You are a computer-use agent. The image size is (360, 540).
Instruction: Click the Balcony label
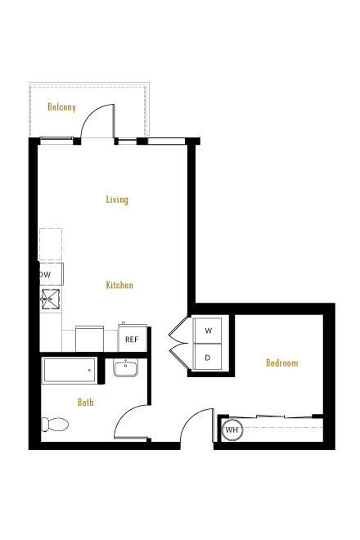click(61, 107)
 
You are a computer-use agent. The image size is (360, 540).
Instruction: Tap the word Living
click(117, 200)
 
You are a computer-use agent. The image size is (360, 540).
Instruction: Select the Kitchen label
click(119, 286)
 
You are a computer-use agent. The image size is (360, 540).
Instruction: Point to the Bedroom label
click(282, 363)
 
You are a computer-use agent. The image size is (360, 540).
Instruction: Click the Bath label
click(86, 403)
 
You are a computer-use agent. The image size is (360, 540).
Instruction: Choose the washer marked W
click(207, 331)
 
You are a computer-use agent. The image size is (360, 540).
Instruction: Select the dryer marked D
click(207, 357)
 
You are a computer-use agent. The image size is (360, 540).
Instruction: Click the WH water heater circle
click(232, 430)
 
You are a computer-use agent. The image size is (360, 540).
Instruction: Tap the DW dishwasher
click(51, 274)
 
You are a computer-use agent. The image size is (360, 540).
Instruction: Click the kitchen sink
click(51, 299)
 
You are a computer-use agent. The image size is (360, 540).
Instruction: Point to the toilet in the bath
click(55, 425)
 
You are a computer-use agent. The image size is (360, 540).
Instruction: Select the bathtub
click(70, 370)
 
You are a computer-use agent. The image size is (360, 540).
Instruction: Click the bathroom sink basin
click(125, 367)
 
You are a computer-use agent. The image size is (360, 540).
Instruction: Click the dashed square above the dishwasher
click(51, 244)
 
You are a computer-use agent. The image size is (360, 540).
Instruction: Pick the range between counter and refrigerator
click(89, 339)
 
